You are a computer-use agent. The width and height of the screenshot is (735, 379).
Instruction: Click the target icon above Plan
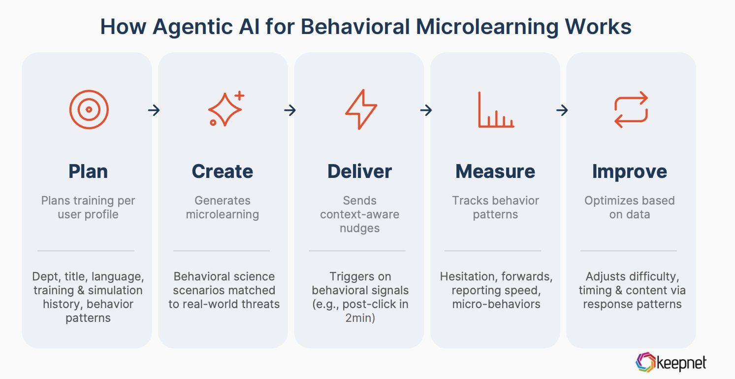tap(89, 109)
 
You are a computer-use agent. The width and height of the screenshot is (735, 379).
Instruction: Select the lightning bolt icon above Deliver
tap(361, 109)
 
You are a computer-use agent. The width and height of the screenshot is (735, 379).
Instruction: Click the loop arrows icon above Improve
tap(631, 109)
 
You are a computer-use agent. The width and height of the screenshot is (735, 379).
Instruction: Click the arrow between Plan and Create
tap(154, 110)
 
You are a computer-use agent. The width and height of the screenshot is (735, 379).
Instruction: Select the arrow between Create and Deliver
tap(290, 110)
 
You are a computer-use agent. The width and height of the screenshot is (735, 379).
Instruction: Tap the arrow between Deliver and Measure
tap(426, 110)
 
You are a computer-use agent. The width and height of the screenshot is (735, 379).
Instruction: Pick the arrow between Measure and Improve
tap(562, 110)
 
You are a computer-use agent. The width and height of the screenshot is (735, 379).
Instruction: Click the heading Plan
tap(88, 172)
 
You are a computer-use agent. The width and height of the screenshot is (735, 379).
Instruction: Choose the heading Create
tap(223, 172)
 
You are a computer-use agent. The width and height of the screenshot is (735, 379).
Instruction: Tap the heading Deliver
tap(359, 172)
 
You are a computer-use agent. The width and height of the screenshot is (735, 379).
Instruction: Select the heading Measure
tap(495, 172)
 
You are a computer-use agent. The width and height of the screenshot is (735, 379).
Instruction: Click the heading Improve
tap(630, 172)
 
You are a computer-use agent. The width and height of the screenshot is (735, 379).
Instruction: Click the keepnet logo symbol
tap(645, 363)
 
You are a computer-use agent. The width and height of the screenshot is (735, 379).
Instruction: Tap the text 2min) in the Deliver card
tap(359, 318)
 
